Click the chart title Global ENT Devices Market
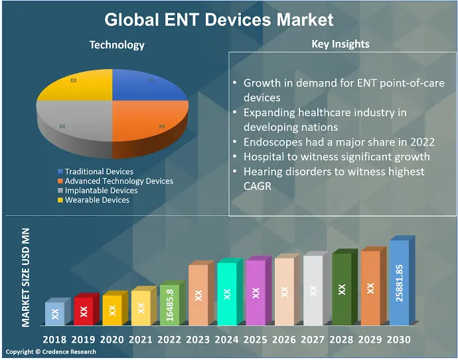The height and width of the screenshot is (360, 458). point(219,19)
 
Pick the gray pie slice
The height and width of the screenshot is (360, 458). point(73,123)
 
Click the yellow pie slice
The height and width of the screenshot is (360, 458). point(76,86)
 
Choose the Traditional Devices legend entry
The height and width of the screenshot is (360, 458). point(99,171)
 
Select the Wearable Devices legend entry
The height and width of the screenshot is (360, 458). point(97,199)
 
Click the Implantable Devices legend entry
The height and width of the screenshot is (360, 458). point(101,190)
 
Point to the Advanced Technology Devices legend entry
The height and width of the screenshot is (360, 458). point(119,181)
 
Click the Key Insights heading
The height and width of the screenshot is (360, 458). point(341,44)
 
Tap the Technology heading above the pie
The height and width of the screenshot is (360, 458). point(117,45)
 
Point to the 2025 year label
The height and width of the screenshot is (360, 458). point(255,339)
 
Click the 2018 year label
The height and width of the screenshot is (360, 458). point(54,339)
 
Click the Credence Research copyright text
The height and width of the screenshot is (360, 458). point(51,352)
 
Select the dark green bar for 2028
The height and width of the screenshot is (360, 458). point(341,290)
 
